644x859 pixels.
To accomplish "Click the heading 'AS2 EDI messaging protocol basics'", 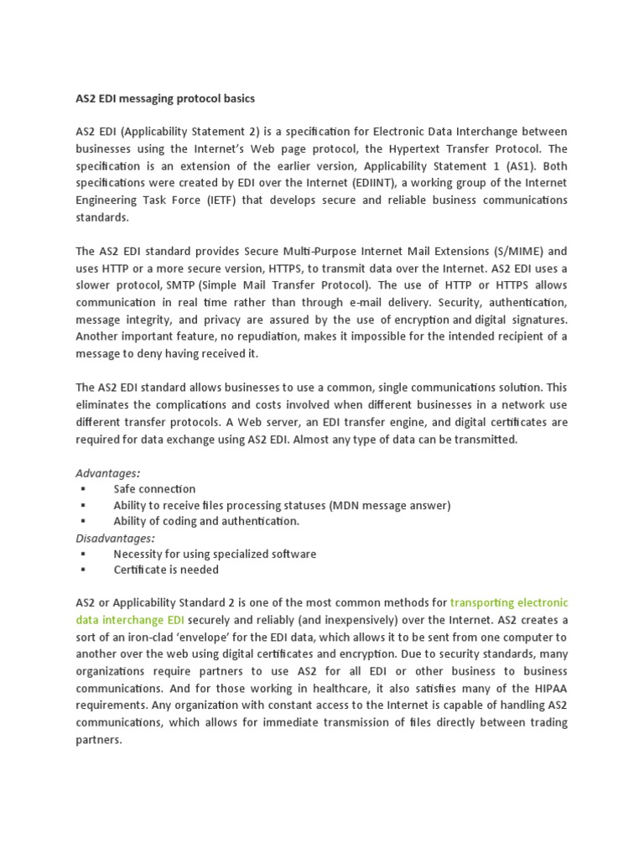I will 165,99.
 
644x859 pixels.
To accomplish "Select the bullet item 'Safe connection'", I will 154,489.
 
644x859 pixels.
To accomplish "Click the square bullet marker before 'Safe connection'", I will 83,489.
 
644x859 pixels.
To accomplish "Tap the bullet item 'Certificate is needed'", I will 166,570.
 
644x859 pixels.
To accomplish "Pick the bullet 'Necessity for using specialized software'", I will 215,554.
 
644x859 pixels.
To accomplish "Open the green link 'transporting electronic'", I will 509,603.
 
